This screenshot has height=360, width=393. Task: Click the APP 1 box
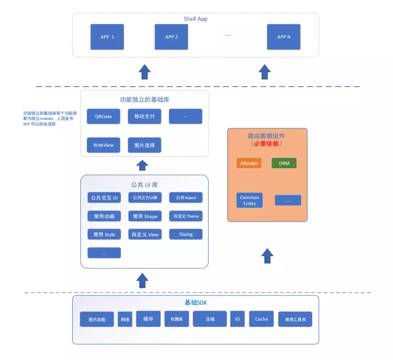click(x=107, y=37)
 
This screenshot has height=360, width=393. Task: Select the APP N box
click(x=283, y=37)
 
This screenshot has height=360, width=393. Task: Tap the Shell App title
click(x=196, y=19)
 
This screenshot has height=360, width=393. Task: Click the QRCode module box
click(x=103, y=116)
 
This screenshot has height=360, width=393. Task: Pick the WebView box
click(x=103, y=145)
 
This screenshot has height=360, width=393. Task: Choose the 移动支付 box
click(x=145, y=116)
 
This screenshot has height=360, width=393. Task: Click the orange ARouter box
click(x=249, y=163)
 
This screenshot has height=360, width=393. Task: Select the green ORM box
click(x=284, y=163)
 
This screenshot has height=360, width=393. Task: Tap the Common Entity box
click(x=249, y=200)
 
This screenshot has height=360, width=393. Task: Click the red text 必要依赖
click(x=266, y=144)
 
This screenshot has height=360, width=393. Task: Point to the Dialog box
click(x=186, y=234)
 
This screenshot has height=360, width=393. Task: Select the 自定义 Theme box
click(x=186, y=216)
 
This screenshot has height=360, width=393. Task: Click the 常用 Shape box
click(x=145, y=216)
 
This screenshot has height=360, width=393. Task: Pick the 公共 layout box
click(x=186, y=197)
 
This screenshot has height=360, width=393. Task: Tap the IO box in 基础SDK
click(x=237, y=319)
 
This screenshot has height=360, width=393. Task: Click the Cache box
click(x=261, y=319)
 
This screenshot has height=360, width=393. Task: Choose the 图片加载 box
click(x=97, y=319)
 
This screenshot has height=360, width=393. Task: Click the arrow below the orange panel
click(x=267, y=256)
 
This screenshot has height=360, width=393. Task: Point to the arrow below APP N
click(x=264, y=72)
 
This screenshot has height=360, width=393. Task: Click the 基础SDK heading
click(x=196, y=302)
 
